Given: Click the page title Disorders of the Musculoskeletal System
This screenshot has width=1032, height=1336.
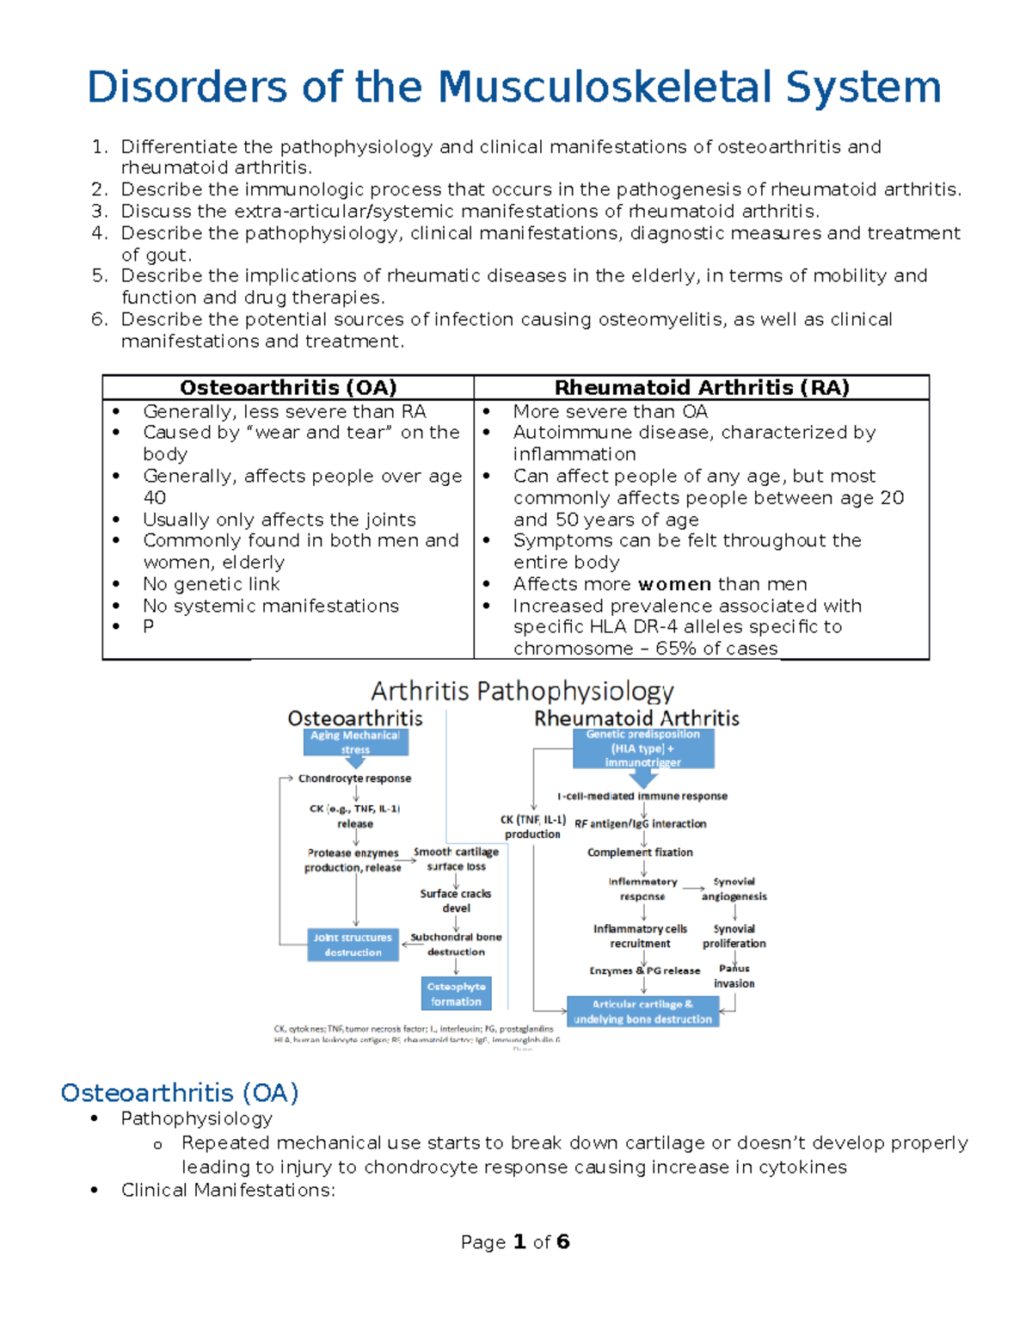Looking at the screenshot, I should (514, 88).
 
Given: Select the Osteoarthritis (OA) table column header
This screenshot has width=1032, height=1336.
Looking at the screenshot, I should (288, 388).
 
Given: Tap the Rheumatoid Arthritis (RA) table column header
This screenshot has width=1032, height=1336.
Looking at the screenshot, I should (702, 388).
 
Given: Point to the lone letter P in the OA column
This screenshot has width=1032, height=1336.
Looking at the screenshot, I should (149, 626).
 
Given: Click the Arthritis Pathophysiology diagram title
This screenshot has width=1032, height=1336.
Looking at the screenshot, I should (522, 691).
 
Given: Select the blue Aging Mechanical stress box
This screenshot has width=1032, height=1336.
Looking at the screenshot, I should (355, 742).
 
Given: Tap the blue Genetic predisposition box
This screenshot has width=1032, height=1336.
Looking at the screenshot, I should (643, 748).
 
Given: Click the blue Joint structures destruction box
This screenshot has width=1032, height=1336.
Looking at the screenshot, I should (353, 945).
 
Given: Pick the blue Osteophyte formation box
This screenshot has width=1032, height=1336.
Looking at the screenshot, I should (457, 994).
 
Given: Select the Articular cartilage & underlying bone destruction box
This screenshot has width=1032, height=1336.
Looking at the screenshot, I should (642, 1012).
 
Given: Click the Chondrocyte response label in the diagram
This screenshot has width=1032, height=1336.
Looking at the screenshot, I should (354, 779).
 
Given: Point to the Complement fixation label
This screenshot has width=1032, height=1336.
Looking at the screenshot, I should (640, 853).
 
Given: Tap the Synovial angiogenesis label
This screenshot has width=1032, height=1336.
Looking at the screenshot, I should (734, 889).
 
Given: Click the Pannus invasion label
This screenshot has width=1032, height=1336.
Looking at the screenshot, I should (734, 976).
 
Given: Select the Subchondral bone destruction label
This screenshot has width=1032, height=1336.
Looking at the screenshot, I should (456, 945).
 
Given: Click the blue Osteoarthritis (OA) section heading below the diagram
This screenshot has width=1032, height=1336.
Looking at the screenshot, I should (180, 1093).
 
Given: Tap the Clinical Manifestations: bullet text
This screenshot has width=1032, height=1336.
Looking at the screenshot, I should (228, 1190).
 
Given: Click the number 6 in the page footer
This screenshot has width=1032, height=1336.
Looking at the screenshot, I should (562, 1241).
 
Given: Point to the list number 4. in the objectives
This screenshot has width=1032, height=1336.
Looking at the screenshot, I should (100, 233).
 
